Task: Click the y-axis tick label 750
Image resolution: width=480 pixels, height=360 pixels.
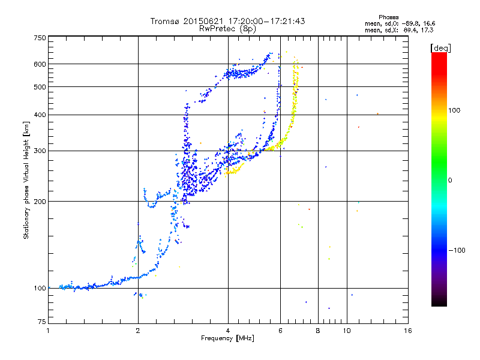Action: point(40,37)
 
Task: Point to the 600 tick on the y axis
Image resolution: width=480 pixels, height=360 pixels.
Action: point(40,64)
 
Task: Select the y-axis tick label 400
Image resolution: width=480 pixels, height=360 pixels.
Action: point(40,115)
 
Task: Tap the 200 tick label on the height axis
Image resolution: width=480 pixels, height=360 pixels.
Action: point(40,201)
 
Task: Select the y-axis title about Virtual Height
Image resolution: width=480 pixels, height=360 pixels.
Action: point(27,180)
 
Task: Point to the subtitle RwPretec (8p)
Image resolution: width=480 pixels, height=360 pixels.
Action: point(227,28)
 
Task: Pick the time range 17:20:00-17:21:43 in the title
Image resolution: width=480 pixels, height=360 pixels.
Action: point(263,21)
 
